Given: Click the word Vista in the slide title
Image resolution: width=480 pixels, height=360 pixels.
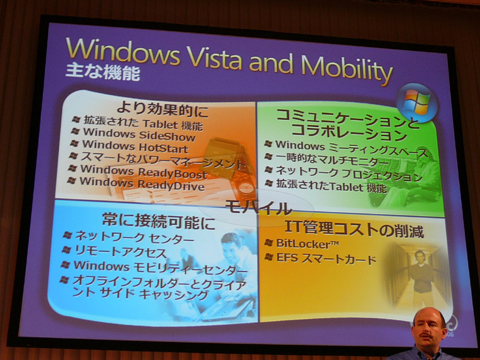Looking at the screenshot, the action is point(215,58).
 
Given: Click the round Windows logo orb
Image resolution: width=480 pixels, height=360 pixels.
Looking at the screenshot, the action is point(416,102).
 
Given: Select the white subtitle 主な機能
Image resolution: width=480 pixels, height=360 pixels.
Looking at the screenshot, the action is point(103,72).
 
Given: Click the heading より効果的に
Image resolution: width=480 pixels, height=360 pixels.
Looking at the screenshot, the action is point(163,110).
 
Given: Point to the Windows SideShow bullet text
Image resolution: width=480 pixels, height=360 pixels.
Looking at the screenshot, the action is point(139,134).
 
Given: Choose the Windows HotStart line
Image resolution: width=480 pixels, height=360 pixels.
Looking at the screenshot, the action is point(135,146).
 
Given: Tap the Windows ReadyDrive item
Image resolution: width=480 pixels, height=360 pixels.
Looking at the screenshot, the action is point(142,184).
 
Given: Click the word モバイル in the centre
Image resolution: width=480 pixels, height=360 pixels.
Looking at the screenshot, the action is point(259,208).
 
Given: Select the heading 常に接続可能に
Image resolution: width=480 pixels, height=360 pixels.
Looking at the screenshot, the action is point(158,221).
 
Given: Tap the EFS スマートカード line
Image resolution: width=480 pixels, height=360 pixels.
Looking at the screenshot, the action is point(326,259).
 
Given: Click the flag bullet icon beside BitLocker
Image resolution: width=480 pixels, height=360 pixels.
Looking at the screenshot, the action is point(268,243).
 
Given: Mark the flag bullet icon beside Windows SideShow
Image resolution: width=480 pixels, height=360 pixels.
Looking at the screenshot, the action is point(76,131).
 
